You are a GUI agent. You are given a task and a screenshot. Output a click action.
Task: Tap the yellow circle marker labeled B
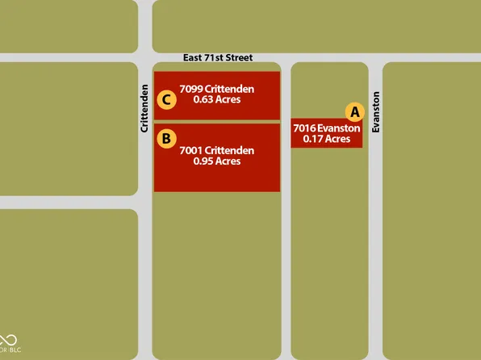[165, 139]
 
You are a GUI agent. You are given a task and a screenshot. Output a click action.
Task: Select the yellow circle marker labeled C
[165, 100]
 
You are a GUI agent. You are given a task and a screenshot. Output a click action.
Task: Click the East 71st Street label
[218, 58]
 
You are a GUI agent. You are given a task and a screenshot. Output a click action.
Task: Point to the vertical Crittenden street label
[144, 108]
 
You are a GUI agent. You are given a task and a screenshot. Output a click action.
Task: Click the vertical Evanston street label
[376, 112]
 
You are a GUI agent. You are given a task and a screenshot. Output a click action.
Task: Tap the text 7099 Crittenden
[217, 89]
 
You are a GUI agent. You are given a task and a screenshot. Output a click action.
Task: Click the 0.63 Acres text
[217, 100]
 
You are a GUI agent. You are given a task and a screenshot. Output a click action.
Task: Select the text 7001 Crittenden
[217, 150]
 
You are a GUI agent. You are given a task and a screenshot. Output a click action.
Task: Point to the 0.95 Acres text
[217, 161]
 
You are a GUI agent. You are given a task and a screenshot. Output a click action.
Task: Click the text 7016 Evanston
[326, 128]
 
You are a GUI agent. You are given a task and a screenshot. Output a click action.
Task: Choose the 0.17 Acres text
[326, 139]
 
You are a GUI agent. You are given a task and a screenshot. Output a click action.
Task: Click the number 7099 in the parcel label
[191, 89]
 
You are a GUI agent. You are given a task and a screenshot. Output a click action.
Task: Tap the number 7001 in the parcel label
[190, 150]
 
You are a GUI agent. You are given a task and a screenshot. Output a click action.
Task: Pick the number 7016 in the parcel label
[304, 128]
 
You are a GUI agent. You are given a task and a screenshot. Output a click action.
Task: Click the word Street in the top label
[238, 58]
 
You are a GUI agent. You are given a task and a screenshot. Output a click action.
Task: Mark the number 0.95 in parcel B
[203, 161]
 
